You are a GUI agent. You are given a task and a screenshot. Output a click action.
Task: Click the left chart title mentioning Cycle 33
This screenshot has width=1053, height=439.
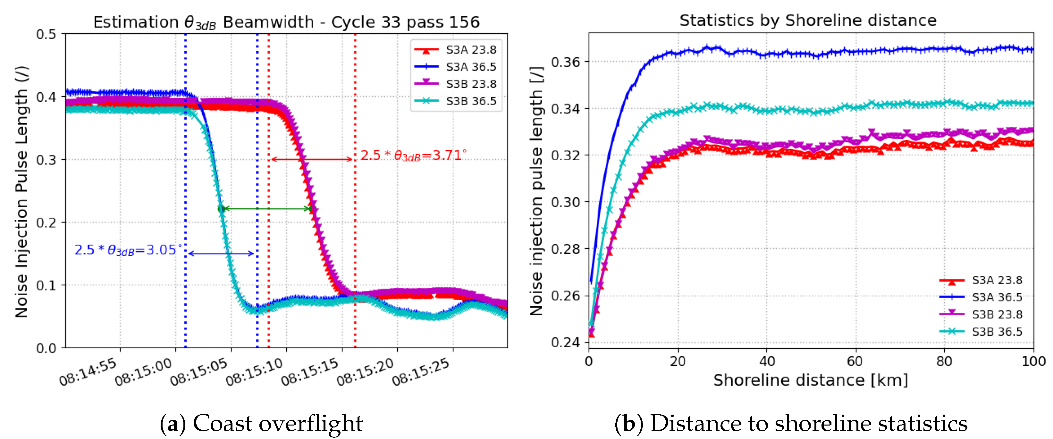pyautogui.click(x=286, y=22)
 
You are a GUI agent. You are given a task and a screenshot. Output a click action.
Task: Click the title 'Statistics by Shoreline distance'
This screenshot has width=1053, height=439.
pyautogui.click(x=808, y=21)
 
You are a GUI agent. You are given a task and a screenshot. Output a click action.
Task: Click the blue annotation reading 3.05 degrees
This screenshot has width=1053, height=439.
pyautogui.click(x=128, y=250)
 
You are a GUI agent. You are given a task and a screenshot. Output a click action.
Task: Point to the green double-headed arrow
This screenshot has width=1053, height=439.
pyautogui.click(x=268, y=209)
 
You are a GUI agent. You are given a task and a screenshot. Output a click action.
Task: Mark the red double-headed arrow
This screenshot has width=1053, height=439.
pyautogui.click(x=311, y=159)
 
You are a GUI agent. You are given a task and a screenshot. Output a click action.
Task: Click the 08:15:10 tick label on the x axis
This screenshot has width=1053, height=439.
pyautogui.click(x=254, y=372)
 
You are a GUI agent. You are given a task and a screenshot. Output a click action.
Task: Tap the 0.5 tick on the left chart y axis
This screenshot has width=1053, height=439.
pyautogui.click(x=46, y=34)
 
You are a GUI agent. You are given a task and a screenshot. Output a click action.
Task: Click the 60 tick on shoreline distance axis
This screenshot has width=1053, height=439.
pyautogui.click(x=855, y=361)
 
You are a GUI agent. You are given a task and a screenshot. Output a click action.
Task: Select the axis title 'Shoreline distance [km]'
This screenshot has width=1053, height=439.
pyautogui.click(x=810, y=380)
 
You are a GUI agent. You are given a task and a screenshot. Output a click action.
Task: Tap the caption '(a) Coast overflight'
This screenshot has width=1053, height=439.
pyautogui.click(x=261, y=423)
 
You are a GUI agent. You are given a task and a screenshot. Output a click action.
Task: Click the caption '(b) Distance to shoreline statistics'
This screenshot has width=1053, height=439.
pyautogui.click(x=791, y=423)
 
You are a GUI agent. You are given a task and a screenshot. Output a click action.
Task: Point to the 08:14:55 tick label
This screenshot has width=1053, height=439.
pyautogui.click(x=88, y=372)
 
